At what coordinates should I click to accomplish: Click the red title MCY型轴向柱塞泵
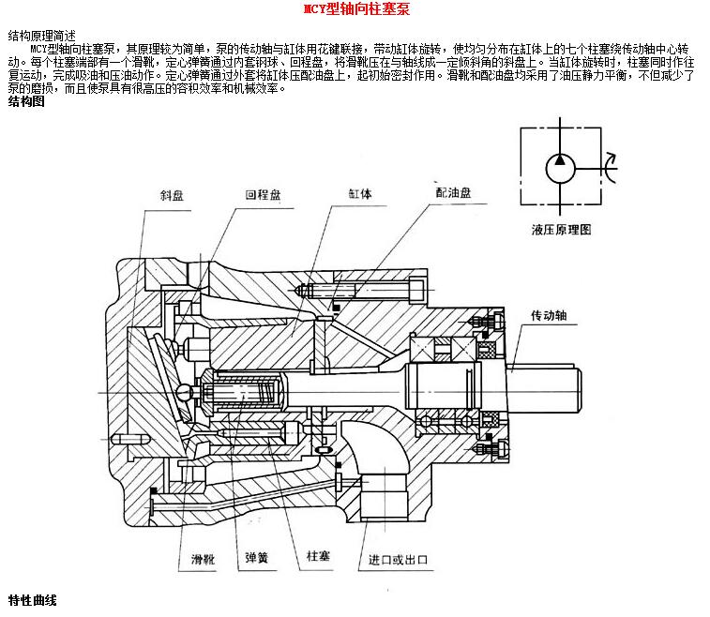coord(355,9)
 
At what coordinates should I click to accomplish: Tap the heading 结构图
coord(26,101)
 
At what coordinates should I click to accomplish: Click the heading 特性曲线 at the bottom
coord(33,600)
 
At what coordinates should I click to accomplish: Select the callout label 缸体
coord(360,195)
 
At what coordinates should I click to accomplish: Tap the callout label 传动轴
coord(549,316)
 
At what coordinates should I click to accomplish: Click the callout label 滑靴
coord(203,560)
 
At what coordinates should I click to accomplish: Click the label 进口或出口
coord(399,560)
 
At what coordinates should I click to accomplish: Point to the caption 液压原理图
coord(560,229)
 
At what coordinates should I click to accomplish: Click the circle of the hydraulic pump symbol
coord(561,170)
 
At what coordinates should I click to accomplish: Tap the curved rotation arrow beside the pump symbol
coord(610,169)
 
